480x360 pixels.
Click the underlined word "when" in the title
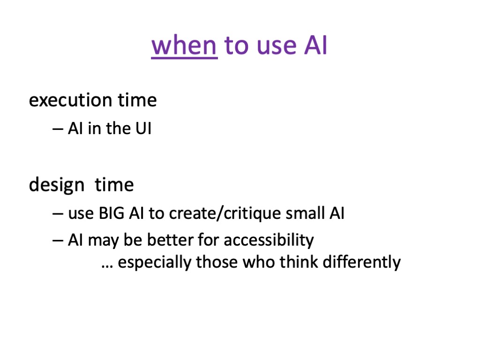pyautogui.click(x=184, y=45)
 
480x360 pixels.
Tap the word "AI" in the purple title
pyautogui.click(x=315, y=45)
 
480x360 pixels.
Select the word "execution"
pyautogui.click(x=70, y=100)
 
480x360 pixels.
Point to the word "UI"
pyautogui.click(x=143, y=128)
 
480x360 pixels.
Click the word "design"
pyautogui.click(x=57, y=185)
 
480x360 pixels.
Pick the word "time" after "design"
pyautogui.click(x=114, y=185)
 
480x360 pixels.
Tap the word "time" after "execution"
pyautogui.click(x=137, y=100)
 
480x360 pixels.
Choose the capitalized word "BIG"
pyautogui.click(x=112, y=213)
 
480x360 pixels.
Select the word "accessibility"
pyautogui.click(x=269, y=240)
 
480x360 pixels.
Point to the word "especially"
pyautogui.click(x=155, y=262)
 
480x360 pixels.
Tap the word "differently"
pyautogui.click(x=361, y=262)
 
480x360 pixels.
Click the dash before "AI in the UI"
pyautogui.click(x=58, y=129)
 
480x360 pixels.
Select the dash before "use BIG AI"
pyautogui.click(x=58, y=214)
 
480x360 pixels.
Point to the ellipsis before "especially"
pyautogui.click(x=107, y=267)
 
